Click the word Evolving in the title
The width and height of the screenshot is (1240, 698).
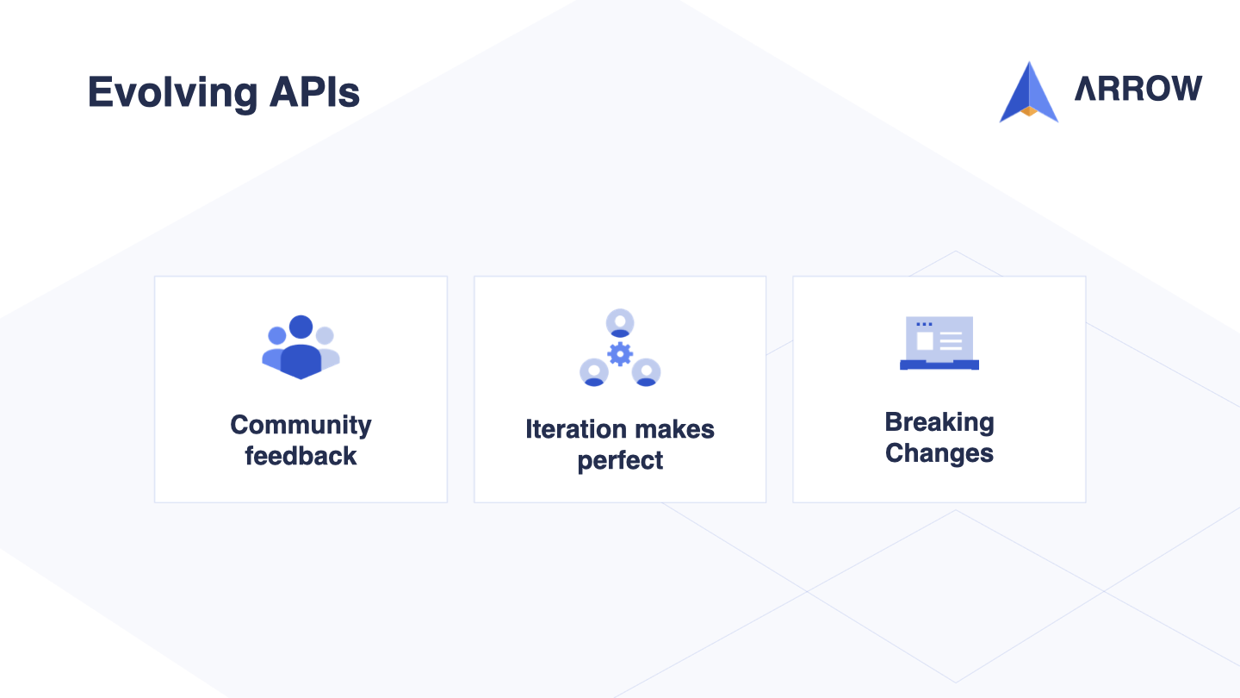point(173,93)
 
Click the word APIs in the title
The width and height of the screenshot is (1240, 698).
point(314,92)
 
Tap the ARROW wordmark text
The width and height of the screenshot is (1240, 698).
point(1138,89)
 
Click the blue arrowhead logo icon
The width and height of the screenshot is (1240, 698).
point(1028,92)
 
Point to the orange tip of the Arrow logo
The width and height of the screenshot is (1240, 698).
point(1028,111)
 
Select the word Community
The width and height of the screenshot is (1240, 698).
point(301,427)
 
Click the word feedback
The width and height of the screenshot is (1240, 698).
point(301,456)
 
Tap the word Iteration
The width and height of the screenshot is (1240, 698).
point(576,429)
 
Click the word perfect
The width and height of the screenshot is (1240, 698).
point(620,461)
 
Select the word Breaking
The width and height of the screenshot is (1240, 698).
point(939,423)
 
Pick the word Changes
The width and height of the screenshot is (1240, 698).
point(939,453)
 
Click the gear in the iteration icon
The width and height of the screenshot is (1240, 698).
point(620,354)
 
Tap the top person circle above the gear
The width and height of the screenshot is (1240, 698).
point(620,323)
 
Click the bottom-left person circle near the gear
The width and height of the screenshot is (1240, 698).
point(594,372)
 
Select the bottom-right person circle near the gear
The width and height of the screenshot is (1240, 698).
point(646,372)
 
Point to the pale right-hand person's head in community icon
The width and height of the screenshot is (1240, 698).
point(325,335)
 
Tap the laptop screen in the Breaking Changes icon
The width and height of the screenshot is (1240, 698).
point(939,339)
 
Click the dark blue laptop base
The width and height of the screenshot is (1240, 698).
point(939,365)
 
